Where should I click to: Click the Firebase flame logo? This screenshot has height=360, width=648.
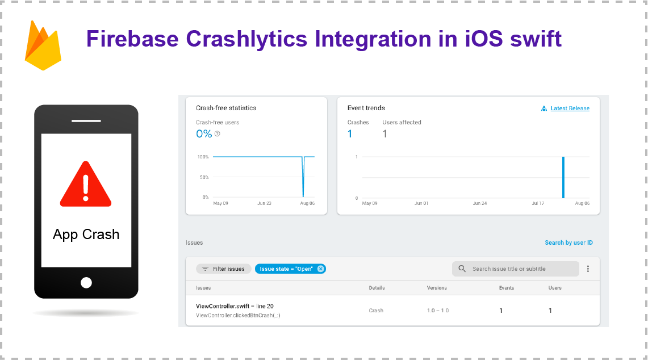[x=43, y=46]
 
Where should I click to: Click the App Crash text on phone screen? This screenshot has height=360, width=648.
[x=86, y=235]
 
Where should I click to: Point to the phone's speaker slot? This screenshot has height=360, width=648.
[x=86, y=121]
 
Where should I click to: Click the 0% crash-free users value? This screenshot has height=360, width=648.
[x=204, y=134]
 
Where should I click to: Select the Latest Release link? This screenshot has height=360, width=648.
[x=570, y=108]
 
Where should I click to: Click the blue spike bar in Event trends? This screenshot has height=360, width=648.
[x=563, y=177]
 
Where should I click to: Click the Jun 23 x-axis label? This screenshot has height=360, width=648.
[x=264, y=203]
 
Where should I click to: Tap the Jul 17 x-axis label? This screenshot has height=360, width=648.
[x=538, y=203]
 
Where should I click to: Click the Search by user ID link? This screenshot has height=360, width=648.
[x=568, y=242]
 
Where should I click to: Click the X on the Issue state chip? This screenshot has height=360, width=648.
[x=321, y=269]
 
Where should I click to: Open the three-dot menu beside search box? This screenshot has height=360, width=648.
[x=588, y=269]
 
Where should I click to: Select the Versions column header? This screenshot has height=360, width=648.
[x=437, y=288]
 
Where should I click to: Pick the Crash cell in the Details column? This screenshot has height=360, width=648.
[x=376, y=311]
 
